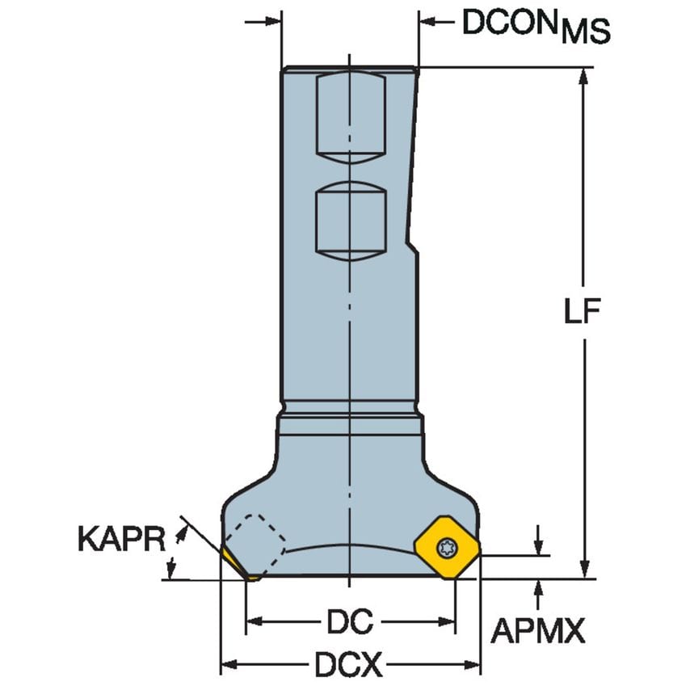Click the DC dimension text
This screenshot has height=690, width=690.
point(350,622)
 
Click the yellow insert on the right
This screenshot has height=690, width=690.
point(447,547)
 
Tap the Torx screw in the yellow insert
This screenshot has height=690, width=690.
point(446,548)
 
